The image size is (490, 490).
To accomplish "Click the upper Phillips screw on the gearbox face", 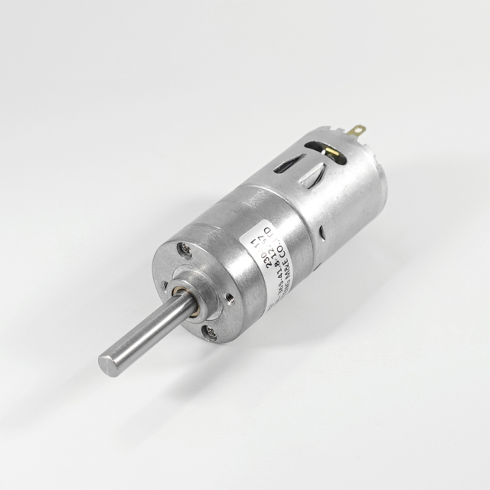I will [184, 250].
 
